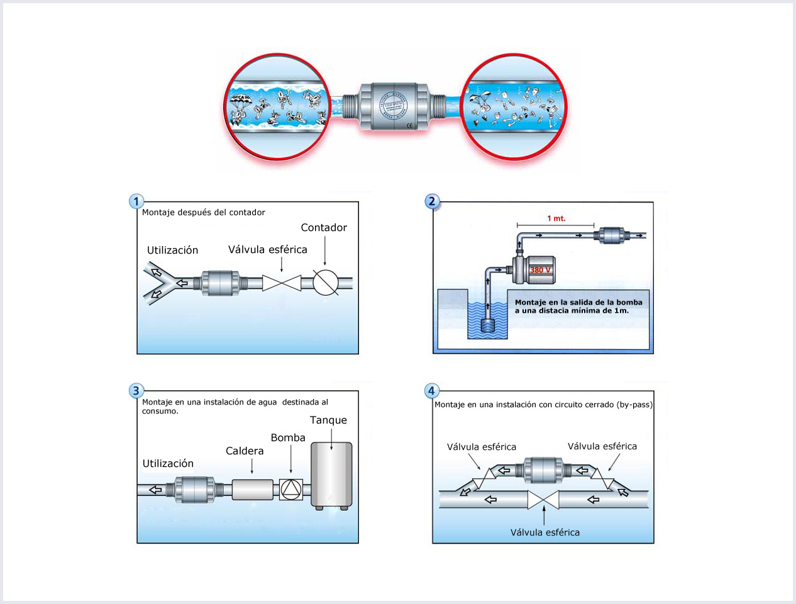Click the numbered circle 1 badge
pos(136,201)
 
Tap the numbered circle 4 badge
pos(431,391)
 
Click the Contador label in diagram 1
pos(324,228)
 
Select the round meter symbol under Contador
pos(326,282)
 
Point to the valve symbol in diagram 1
pos(282,283)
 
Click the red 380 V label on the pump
pos(540,270)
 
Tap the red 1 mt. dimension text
pos(556,218)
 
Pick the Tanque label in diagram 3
pos(328,420)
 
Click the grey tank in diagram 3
pos(331,475)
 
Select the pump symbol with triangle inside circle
pos(291,489)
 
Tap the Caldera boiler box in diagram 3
pos(252,489)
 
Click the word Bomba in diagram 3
pos(288,438)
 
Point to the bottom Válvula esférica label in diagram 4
pos(545,532)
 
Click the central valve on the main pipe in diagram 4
pos(543,500)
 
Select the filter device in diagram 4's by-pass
pos(543,470)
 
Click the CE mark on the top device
pos(410,125)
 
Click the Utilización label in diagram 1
pos(173,250)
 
